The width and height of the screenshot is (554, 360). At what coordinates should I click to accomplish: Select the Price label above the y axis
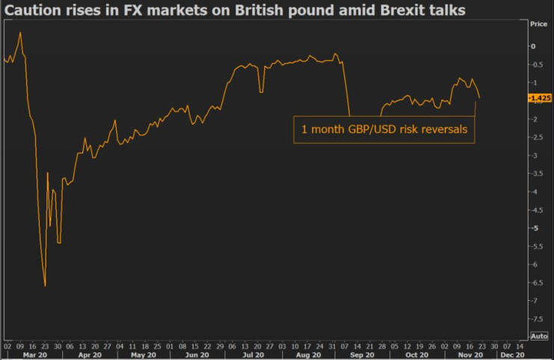(538, 24)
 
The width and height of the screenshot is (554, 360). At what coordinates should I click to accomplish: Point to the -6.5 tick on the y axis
(537, 282)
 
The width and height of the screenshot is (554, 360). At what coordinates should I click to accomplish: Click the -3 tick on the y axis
(536, 155)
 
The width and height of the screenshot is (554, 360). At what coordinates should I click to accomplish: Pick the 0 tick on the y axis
(534, 46)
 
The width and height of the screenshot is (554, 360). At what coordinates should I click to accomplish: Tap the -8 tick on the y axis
(536, 336)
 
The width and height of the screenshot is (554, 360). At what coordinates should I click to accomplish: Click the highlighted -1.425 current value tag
(539, 98)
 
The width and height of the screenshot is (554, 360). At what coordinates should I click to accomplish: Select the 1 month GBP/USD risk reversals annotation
(384, 129)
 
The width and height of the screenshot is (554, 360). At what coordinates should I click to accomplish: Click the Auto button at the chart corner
(539, 335)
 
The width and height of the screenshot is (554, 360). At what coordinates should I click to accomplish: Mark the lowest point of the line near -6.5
(45, 285)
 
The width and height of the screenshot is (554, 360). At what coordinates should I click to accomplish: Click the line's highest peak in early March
(20, 32)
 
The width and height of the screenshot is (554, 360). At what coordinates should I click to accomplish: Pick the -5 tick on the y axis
(536, 228)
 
